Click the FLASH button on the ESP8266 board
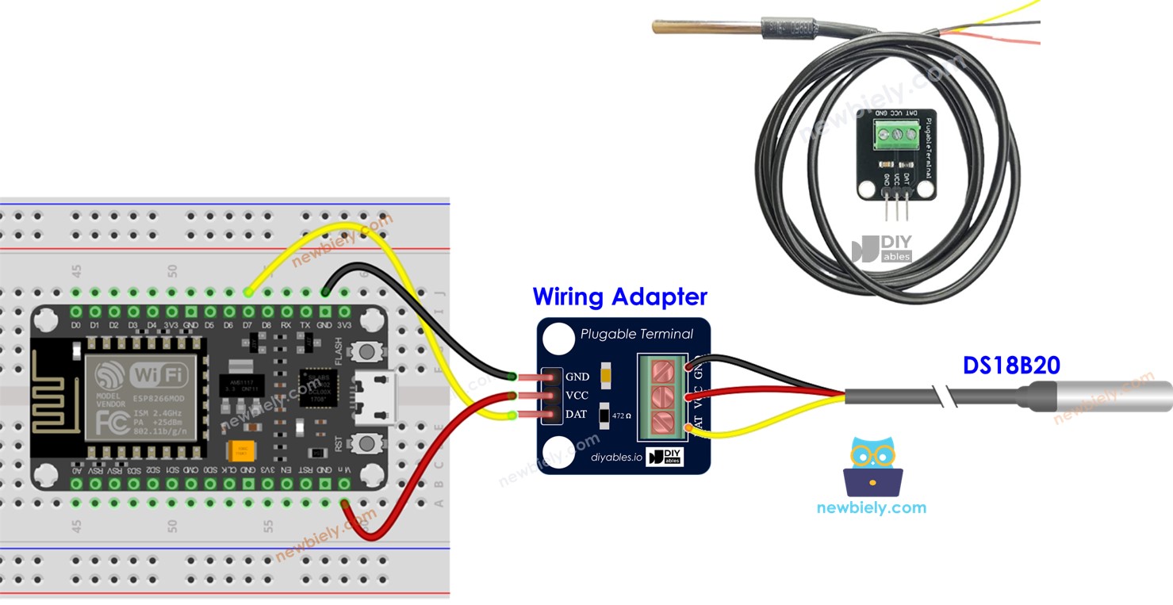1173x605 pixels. click(x=366, y=350)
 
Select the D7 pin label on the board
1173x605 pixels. click(x=248, y=326)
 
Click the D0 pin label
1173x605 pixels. click(x=76, y=326)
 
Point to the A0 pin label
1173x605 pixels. click(x=76, y=469)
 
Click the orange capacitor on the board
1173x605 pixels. click(x=240, y=451)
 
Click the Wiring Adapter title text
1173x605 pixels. click(x=619, y=297)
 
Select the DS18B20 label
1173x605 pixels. click(x=1010, y=366)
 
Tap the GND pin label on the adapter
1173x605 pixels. click(x=577, y=377)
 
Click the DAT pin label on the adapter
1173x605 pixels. click(x=577, y=415)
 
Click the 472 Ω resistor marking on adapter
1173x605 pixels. click(x=621, y=415)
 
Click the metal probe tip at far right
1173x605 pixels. click(x=1110, y=395)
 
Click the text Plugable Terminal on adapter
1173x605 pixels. click(x=636, y=335)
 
